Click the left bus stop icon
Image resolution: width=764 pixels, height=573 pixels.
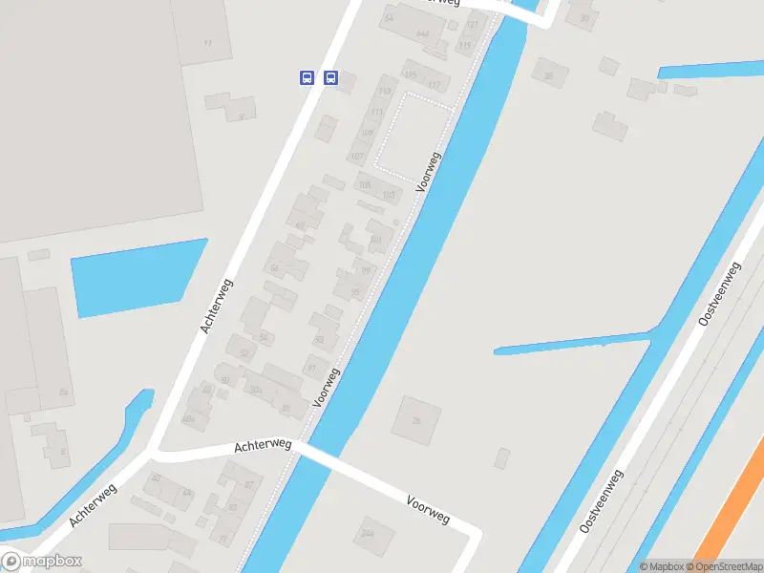pyautogui.click(x=307, y=77)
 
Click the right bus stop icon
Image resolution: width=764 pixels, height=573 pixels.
pyautogui.click(x=330, y=77)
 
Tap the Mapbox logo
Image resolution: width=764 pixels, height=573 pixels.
pyautogui.click(x=42, y=562)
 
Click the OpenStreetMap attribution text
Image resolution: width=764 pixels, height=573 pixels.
pyautogui.click(x=724, y=566)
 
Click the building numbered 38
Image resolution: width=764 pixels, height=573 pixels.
pyautogui.click(x=548, y=75)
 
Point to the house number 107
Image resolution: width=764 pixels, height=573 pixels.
pyautogui.click(x=357, y=156)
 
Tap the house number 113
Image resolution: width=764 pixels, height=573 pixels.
pyautogui.click(x=385, y=92)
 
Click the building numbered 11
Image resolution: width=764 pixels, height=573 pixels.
pyautogui.click(x=208, y=43)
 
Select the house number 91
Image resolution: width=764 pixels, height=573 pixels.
pyautogui.click(x=310, y=368)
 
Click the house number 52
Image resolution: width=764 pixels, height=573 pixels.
pyautogui.click(x=244, y=354)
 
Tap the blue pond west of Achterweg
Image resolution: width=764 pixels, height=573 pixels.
pyautogui.click(x=138, y=277)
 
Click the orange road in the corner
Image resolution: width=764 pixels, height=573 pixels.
pyautogui.click(x=731, y=516)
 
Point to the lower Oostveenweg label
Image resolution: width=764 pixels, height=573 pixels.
pyautogui.click(x=602, y=501)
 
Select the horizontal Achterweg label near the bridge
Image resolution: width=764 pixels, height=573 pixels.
pyautogui.click(x=263, y=445)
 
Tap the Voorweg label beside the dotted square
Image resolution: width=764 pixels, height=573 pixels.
pyautogui.click(x=430, y=168)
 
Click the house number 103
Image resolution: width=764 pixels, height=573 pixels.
pyautogui.click(x=388, y=195)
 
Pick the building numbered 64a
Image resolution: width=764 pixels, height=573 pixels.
pyautogui.click(x=422, y=33)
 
